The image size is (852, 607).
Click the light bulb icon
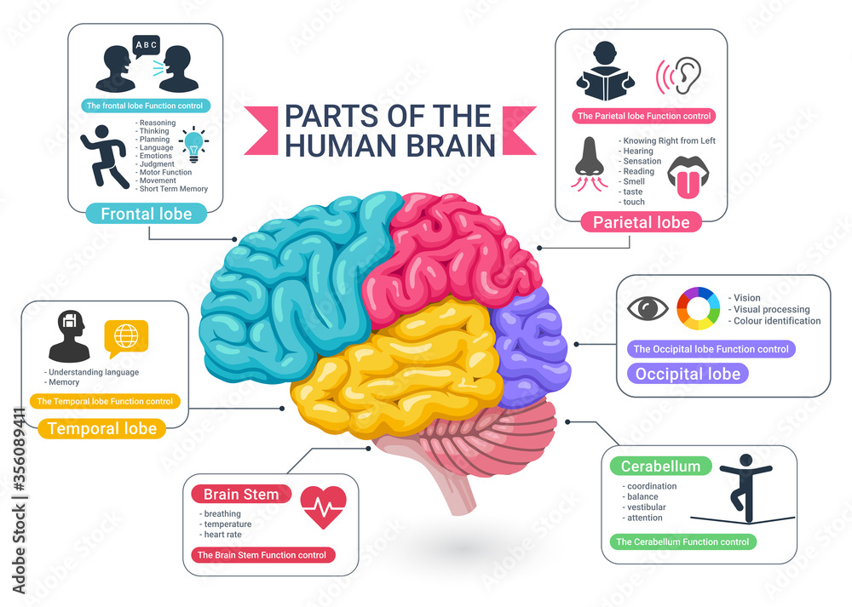[194, 145]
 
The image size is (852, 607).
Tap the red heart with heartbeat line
[324, 507]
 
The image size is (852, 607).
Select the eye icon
[648, 309]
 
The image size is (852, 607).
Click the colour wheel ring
[698, 309]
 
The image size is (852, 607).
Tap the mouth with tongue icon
[691, 176]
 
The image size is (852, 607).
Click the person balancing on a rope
[745, 490]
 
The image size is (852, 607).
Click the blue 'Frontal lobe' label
[147, 213]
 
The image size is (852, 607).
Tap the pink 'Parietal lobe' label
[641, 222]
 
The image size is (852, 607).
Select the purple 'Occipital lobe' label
[688, 373]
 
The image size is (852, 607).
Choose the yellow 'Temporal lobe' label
[102, 428]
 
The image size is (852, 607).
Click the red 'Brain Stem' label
[241, 494]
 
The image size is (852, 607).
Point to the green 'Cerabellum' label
[660, 466]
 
